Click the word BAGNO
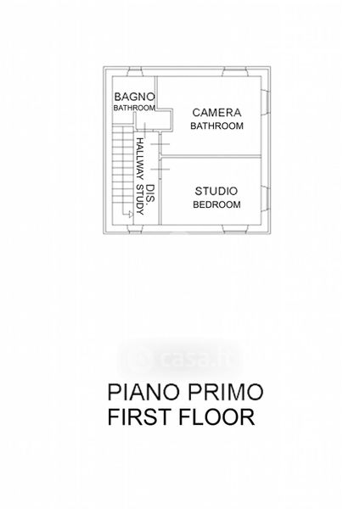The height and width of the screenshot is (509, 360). coord(134,97)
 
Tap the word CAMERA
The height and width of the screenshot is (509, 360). coord(217,113)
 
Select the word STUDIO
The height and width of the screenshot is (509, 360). coord(216,191)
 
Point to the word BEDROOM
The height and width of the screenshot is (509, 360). coord(217,204)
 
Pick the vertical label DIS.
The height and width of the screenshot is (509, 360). coord(149,195)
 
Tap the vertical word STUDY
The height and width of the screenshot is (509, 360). coord(140,200)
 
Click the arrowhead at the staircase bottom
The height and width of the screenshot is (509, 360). coord(130,214)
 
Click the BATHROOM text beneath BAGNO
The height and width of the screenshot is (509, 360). coord(134,108)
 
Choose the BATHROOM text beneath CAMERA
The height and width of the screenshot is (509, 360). coord(217,126)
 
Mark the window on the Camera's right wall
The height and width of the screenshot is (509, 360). coord(264,102)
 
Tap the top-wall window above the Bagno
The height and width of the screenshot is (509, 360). coord(134,72)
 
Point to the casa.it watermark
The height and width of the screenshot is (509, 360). coord(180,357)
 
